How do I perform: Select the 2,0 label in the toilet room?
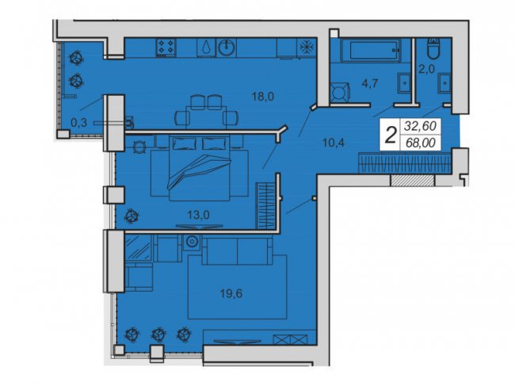426,68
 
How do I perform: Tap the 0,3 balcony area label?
78,122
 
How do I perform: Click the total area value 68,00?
422,143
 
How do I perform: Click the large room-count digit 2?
390,134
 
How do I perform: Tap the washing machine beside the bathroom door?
341,91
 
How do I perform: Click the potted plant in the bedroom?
132,215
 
